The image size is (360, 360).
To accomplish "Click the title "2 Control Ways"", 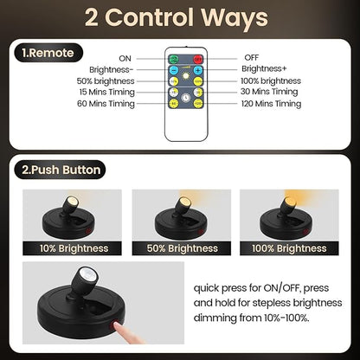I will coord(180,18).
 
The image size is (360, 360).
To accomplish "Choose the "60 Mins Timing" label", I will coord(105,104).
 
